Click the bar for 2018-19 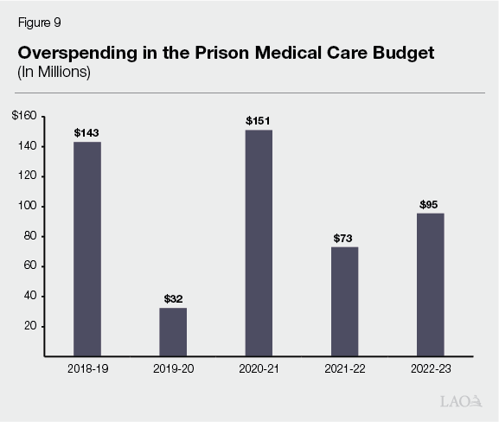pyautogui.click(x=86, y=248)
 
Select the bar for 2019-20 pyautogui.click(x=173, y=331)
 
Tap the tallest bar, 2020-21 pyautogui.click(x=259, y=242)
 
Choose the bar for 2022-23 pyautogui.click(x=430, y=285)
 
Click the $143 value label pyautogui.click(x=86, y=132)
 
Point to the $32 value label pyautogui.click(x=173, y=298)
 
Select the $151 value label pyautogui.click(x=259, y=121)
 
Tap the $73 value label pyautogui.click(x=344, y=238)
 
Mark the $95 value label pyautogui.click(x=430, y=204)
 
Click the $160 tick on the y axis pyautogui.click(x=24, y=117)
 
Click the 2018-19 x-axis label pyautogui.click(x=86, y=369)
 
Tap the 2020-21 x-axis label pyautogui.click(x=259, y=369)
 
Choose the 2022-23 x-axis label pyautogui.click(x=430, y=369)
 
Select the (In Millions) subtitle pyautogui.click(x=54, y=72)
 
